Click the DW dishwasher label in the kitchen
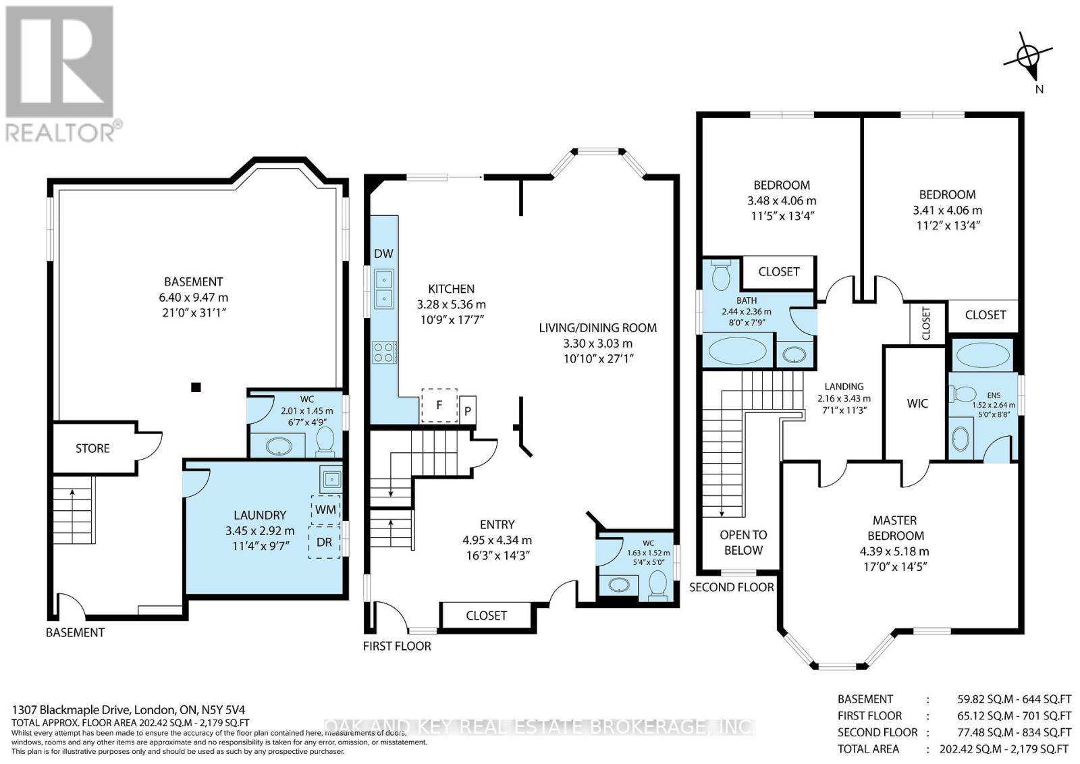point(384,253)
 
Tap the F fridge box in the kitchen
point(439,406)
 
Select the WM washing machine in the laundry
point(325,510)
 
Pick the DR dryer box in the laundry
point(325,542)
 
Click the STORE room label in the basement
point(92,448)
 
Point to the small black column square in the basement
point(196,387)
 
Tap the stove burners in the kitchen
point(384,352)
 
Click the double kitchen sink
point(384,289)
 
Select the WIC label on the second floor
point(917,404)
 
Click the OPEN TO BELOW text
point(743,542)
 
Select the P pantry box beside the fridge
point(467,410)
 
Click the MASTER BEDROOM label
point(895,528)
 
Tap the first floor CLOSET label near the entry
point(486,616)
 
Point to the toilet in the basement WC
point(325,441)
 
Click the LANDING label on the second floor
point(844,386)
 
